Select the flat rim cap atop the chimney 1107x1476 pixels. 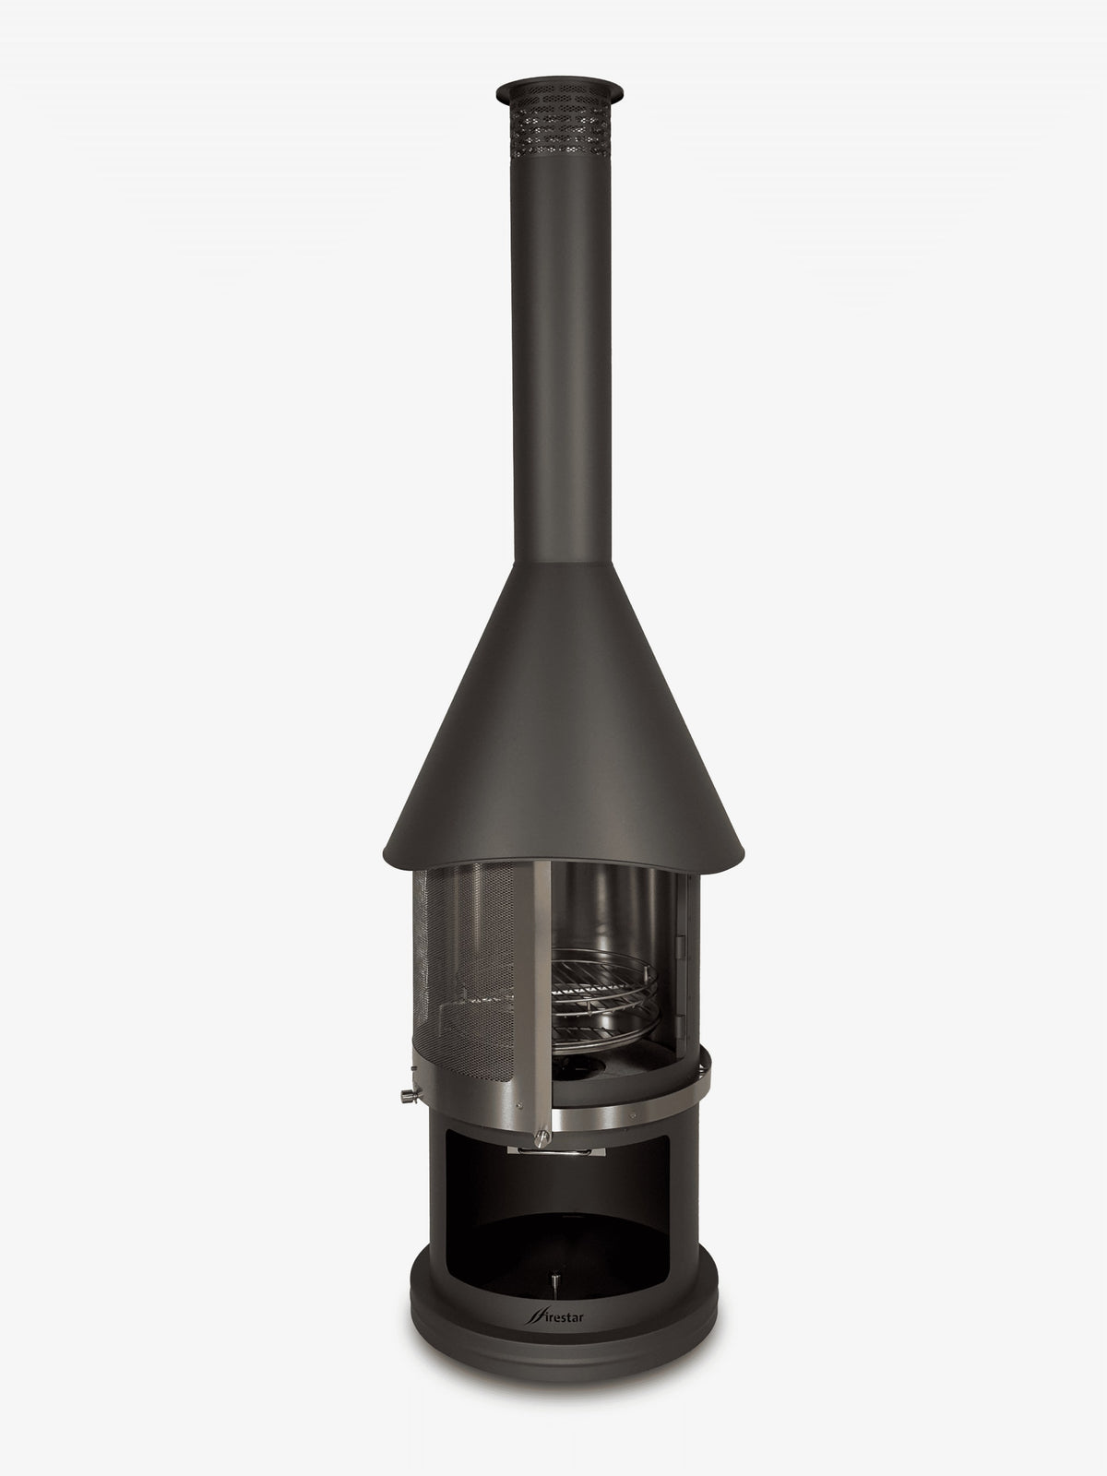560,90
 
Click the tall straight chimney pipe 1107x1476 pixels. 561,356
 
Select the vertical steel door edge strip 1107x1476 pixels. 533,995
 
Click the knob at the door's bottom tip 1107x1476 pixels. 542,1138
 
